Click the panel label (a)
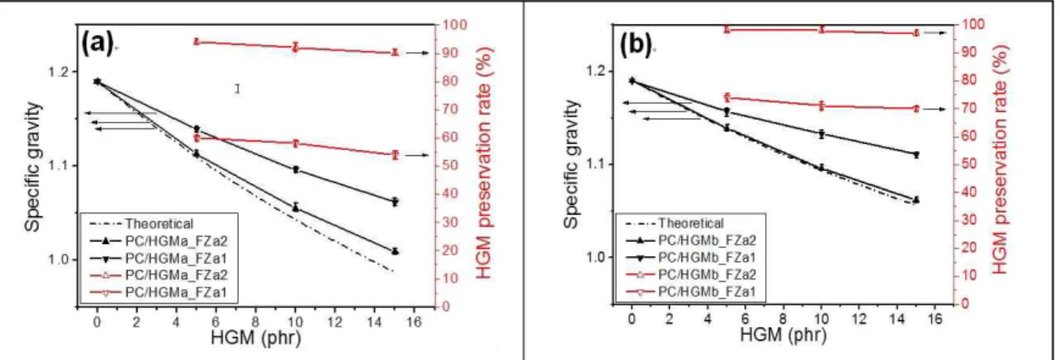(x=97, y=44)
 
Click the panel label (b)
(x=636, y=46)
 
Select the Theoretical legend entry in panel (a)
(x=141, y=223)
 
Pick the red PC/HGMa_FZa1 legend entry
(x=159, y=293)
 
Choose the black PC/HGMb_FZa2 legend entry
(x=691, y=241)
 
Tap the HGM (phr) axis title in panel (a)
(x=255, y=338)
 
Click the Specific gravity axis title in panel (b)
(x=571, y=164)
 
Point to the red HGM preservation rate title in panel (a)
(x=483, y=163)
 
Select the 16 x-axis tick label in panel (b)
(x=935, y=319)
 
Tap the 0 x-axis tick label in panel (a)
(x=97, y=323)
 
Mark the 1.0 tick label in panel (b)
(x=593, y=258)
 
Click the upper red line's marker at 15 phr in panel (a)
(x=395, y=53)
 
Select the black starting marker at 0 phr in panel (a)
(x=97, y=81)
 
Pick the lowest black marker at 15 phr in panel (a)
(x=395, y=251)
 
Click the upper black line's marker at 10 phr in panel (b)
(x=822, y=134)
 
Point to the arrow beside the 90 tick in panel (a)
(x=417, y=54)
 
